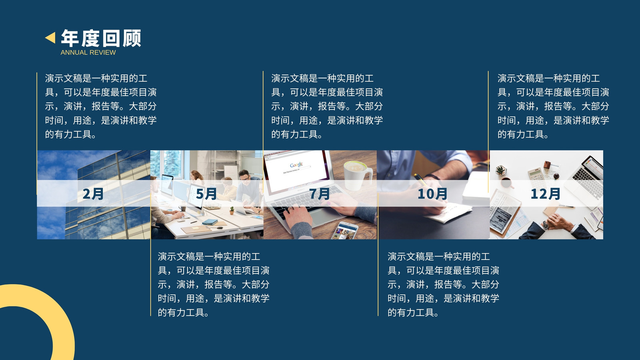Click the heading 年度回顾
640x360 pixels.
tap(101, 38)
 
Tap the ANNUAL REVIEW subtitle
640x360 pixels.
tap(88, 52)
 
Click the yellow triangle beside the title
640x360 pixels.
tap(50, 38)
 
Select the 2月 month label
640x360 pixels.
tap(93, 194)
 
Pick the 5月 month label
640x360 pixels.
tap(206, 194)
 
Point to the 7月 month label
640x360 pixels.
tap(320, 194)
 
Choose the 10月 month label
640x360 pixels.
tap(432, 194)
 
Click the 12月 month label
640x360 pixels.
tap(546, 194)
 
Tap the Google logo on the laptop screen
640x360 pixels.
tap(296, 165)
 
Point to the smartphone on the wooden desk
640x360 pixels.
tap(344, 230)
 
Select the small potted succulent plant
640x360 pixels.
tap(500, 170)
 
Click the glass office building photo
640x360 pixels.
tap(94, 194)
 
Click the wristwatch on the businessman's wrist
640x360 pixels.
tap(546, 225)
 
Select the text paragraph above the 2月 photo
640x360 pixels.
tap(100, 106)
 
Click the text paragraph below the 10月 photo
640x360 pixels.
tap(443, 284)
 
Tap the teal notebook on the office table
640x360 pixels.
tap(210, 222)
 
